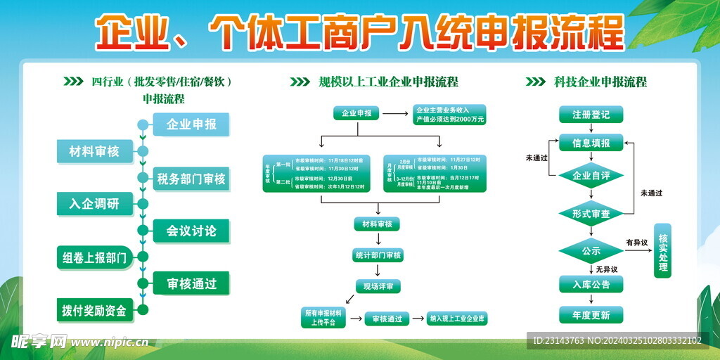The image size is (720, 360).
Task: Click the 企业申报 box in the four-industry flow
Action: click(x=191, y=125)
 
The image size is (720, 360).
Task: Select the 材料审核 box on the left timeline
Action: click(x=94, y=151)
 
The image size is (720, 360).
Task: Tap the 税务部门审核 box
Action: click(x=191, y=179)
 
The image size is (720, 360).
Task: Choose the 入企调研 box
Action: click(x=94, y=205)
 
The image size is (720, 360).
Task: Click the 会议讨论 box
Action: click(x=191, y=231)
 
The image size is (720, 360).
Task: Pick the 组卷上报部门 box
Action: click(x=94, y=257)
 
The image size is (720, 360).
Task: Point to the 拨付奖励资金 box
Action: click(x=94, y=310)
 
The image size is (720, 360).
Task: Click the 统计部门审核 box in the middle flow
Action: click(x=378, y=255)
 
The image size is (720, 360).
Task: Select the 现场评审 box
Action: click(x=378, y=286)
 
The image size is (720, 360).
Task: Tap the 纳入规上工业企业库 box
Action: click(x=458, y=319)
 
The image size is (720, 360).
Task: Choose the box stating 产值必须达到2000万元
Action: click(x=450, y=115)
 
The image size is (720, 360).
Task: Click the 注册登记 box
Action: click(x=591, y=114)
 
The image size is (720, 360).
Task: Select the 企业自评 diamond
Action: click(x=591, y=176)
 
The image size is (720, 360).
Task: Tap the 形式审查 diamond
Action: click(x=591, y=213)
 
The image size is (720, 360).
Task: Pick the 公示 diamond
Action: click(x=591, y=250)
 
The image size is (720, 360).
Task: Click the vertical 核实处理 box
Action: click(x=663, y=250)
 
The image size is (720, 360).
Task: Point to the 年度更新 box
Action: click(x=591, y=315)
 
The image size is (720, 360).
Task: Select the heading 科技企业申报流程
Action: click(x=600, y=82)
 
